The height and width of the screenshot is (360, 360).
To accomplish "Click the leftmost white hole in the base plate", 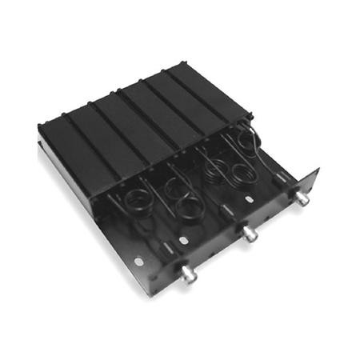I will pos(139,261).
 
